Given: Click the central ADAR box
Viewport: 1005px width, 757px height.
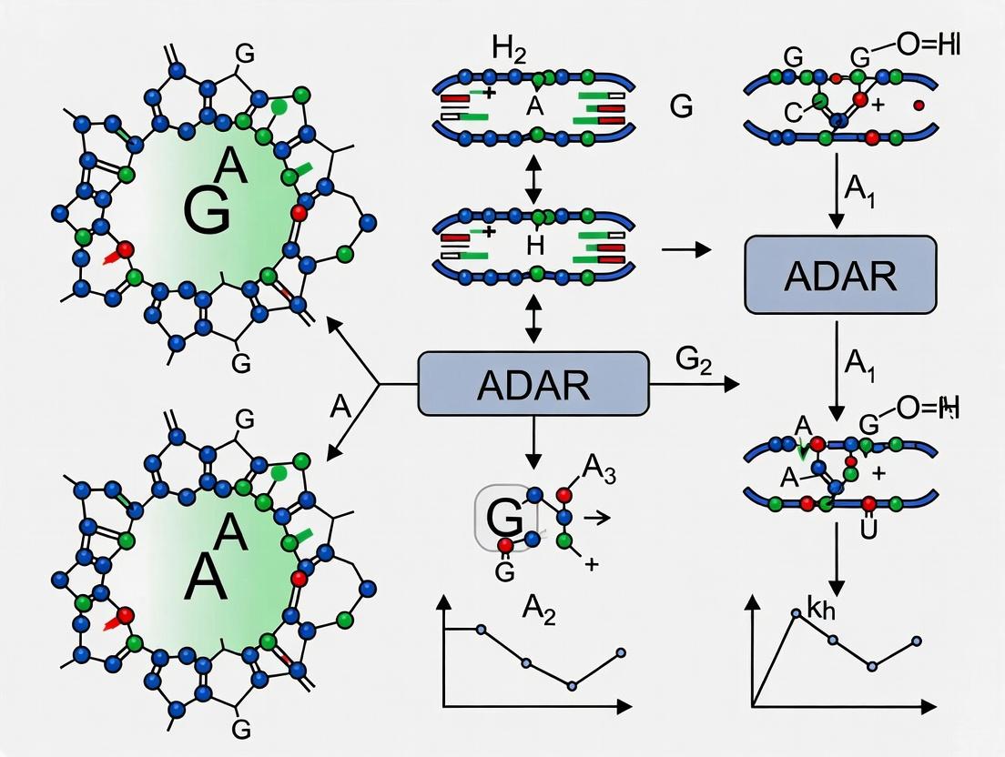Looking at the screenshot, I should [x=533, y=386].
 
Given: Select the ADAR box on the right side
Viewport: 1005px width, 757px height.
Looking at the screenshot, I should [x=840, y=276].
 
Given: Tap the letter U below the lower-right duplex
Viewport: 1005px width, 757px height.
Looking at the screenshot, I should [x=867, y=530].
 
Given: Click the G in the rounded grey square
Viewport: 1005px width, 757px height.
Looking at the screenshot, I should [x=504, y=518].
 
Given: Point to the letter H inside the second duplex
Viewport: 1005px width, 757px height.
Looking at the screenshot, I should [x=534, y=243].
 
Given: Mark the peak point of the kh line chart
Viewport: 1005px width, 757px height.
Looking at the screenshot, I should [x=796, y=614].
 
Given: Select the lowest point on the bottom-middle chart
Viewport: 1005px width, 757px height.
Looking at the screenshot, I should [x=572, y=686].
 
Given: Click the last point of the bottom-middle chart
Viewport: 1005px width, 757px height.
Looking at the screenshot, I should [x=621, y=652].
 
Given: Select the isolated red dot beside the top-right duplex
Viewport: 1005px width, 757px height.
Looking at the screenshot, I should [x=918, y=106].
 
